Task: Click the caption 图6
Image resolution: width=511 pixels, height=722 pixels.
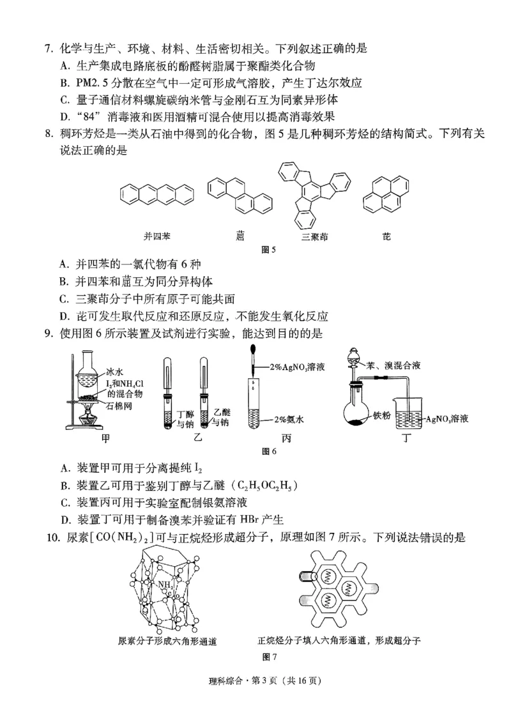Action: pos(269,452)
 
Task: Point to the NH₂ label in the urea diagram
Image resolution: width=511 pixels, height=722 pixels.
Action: pos(165,583)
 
